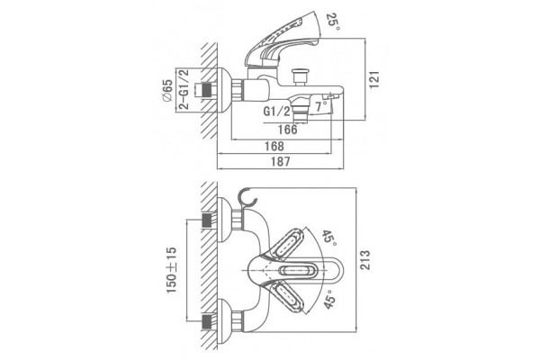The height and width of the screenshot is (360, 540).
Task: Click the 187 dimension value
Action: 281,162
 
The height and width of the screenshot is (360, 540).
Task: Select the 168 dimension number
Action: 274,146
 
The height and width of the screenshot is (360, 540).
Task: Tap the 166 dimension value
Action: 287,130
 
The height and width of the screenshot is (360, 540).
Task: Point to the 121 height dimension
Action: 374,79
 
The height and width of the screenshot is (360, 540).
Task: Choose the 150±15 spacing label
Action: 172,270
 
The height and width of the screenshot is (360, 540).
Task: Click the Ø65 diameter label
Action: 166,91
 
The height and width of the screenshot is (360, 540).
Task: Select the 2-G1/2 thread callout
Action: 184,89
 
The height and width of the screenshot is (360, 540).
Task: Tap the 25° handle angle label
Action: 333,22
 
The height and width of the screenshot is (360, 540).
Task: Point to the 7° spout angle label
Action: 321,106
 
